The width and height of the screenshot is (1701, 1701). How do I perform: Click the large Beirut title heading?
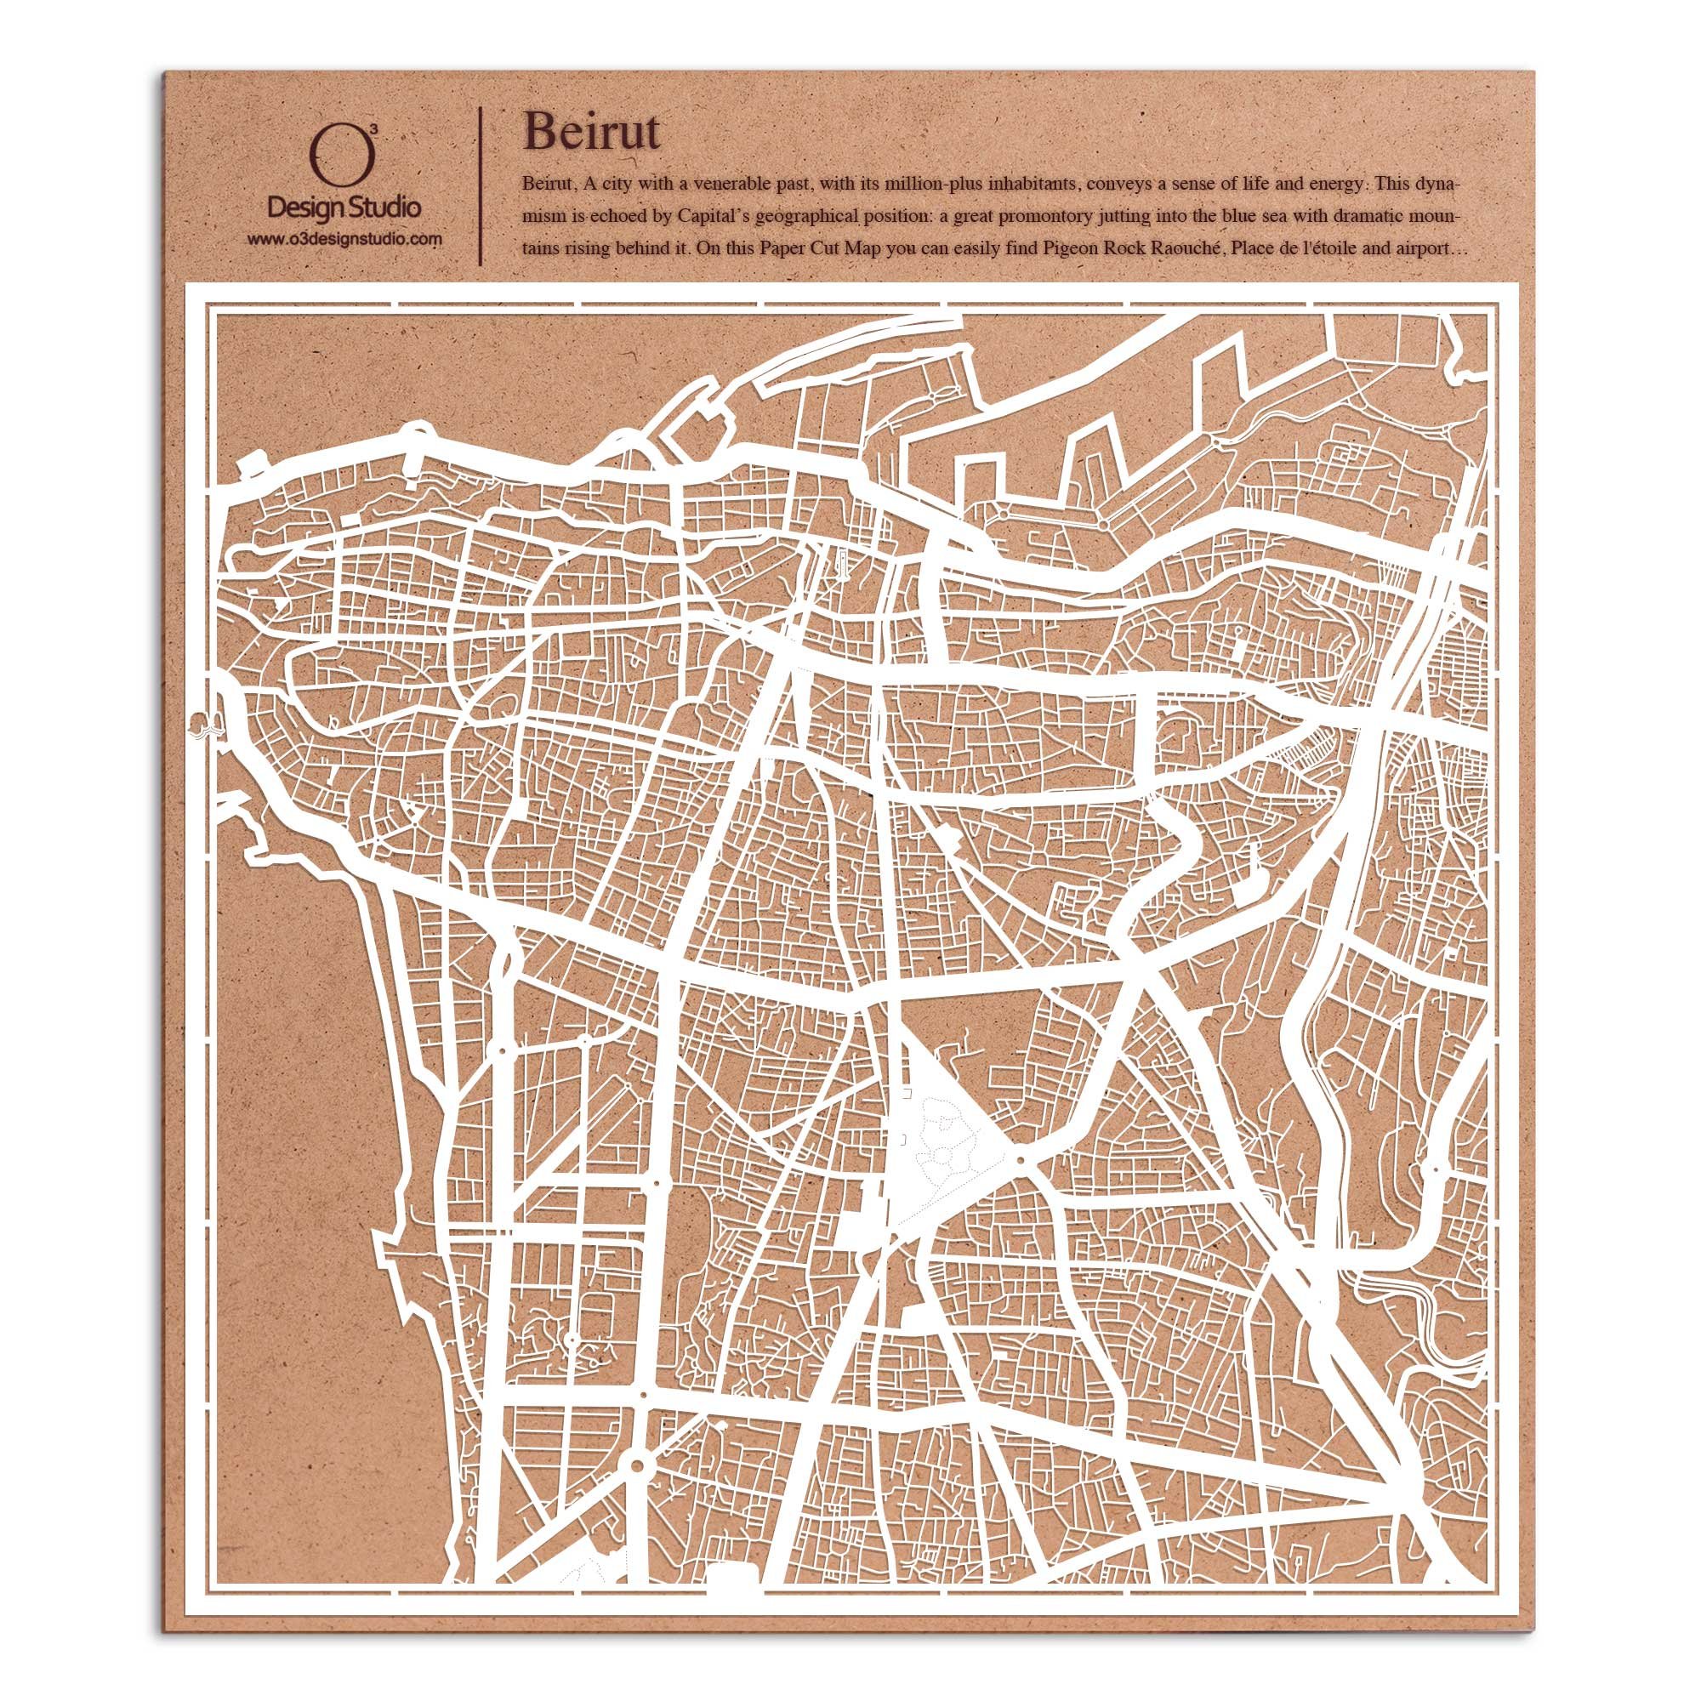pyautogui.click(x=591, y=133)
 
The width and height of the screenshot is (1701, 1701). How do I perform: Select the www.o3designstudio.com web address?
pyautogui.click(x=344, y=239)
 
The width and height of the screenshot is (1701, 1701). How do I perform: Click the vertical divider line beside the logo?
pyautogui.click(x=479, y=186)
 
